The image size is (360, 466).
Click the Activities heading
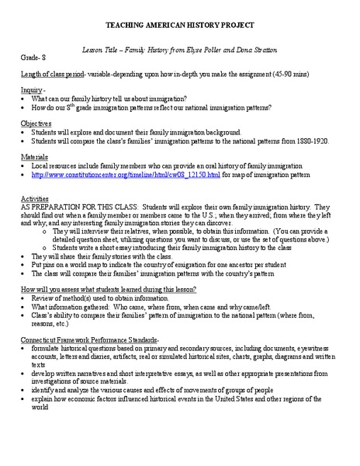(36, 200)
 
